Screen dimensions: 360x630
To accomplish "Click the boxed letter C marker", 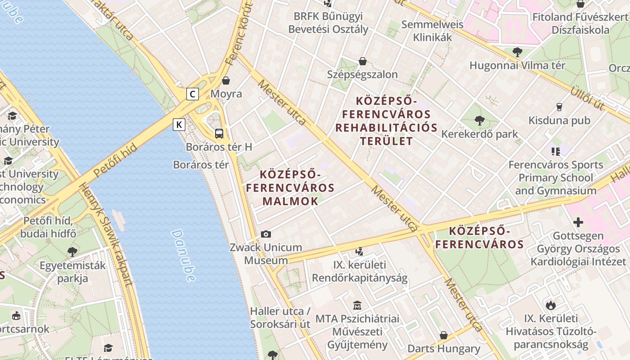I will click(193, 94).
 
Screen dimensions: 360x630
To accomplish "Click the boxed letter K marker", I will click(179, 125).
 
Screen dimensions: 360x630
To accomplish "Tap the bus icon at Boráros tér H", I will click(219, 134).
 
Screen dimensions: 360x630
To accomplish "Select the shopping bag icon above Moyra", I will click(226, 81).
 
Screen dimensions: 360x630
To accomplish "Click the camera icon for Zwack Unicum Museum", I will click(266, 234).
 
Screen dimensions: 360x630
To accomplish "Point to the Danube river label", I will click(184, 255).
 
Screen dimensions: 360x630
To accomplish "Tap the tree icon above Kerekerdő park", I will click(479, 121).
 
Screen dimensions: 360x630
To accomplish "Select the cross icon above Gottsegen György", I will click(578, 222).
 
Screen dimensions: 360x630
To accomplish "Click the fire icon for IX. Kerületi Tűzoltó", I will click(551, 305).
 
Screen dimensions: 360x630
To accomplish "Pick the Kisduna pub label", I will click(559, 121).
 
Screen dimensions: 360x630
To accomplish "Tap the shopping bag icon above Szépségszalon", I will click(363, 61).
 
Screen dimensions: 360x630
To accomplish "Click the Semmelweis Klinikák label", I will click(432, 31).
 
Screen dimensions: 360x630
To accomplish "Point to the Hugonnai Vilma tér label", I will click(517, 65).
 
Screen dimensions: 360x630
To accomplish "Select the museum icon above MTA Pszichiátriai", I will click(357, 305).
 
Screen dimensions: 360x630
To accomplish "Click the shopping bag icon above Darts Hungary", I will click(444, 335).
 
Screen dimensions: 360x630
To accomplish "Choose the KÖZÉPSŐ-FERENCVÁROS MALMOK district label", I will click(290, 188).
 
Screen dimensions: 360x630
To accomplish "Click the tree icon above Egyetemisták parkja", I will click(72, 252).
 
